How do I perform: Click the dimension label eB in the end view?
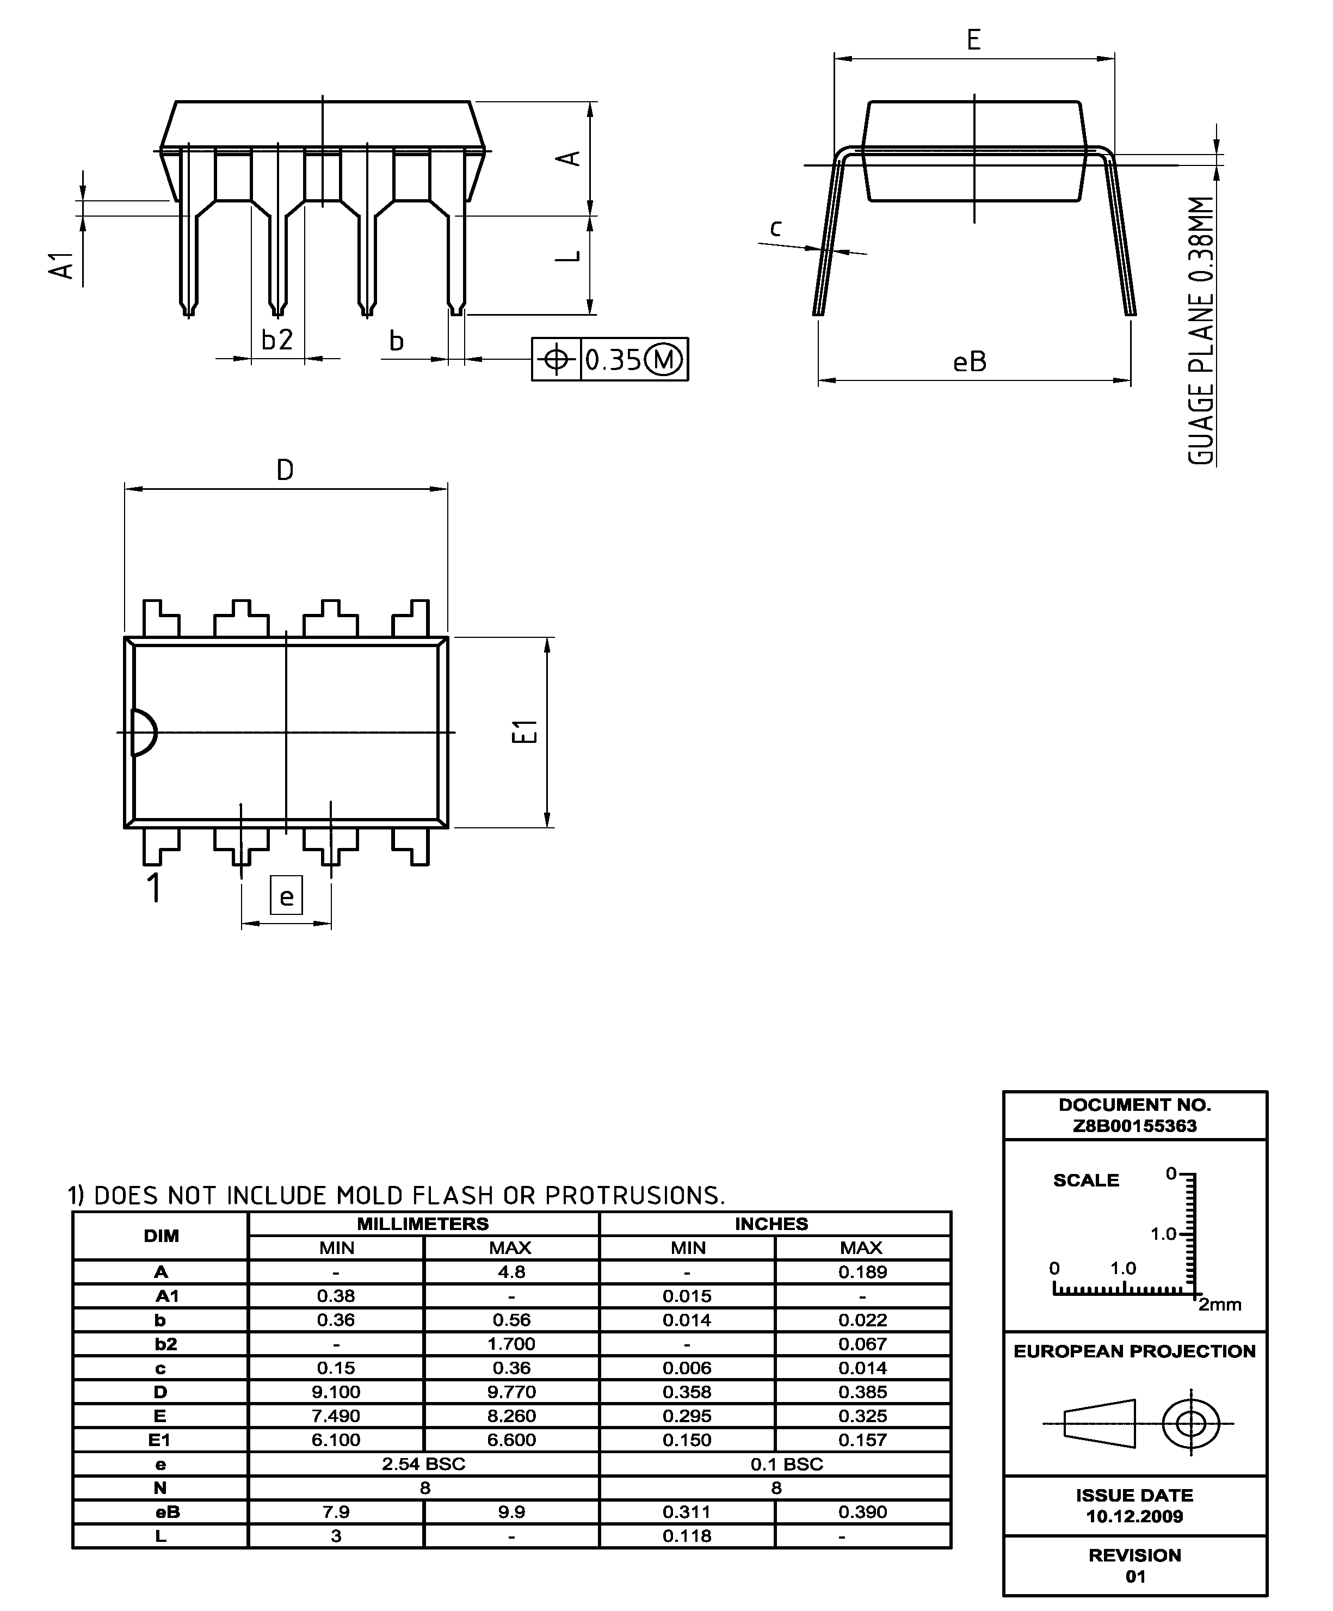(970, 362)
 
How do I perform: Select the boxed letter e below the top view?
(287, 895)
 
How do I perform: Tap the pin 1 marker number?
(154, 888)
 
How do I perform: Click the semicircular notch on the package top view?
(144, 733)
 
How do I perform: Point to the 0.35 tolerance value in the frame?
(613, 360)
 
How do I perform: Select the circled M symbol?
(665, 360)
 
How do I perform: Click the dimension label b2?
(277, 340)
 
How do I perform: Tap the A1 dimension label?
(63, 266)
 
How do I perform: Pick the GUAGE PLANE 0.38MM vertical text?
(1201, 330)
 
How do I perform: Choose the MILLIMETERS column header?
(423, 1223)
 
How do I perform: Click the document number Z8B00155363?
(1134, 1126)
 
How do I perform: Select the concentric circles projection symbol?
(1190, 1424)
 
